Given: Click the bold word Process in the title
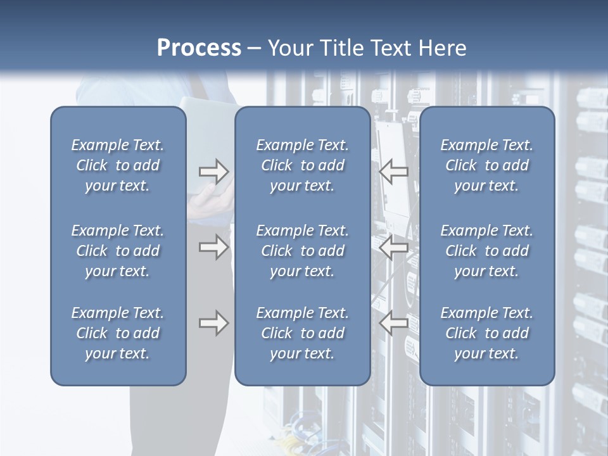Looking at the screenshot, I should [x=199, y=48].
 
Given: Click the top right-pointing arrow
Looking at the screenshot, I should [x=213, y=172].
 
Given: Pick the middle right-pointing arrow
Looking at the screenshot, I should [x=213, y=247].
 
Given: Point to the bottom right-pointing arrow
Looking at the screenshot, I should [x=213, y=324].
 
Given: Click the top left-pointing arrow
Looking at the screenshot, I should [x=394, y=172].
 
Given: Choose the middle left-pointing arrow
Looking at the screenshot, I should [x=394, y=247].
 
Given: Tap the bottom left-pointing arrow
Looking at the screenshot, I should [x=394, y=324].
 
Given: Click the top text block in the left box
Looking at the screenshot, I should [x=118, y=165].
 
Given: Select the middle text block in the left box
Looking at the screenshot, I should [x=118, y=251].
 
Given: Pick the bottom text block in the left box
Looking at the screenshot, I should [x=118, y=333].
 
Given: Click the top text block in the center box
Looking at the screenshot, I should [x=302, y=165].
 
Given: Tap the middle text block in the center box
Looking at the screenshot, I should [x=302, y=251].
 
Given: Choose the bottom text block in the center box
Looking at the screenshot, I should [x=302, y=333].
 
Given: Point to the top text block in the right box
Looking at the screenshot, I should [x=486, y=165].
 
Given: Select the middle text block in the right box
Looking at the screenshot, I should [x=486, y=251].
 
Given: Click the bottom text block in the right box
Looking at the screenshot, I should [x=486, y=333].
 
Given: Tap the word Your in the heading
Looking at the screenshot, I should [x=289, y=48].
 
